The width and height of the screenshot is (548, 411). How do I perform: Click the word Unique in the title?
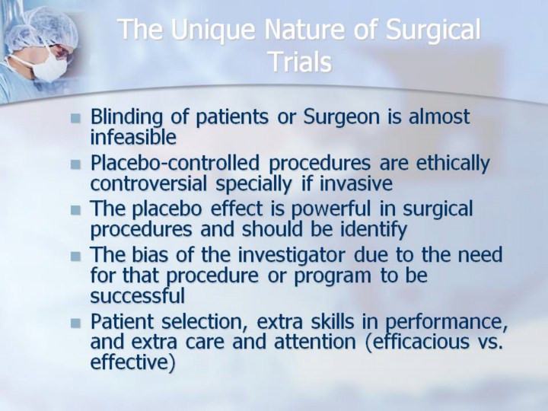click(212, 30)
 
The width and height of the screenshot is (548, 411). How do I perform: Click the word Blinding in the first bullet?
click(126, 117)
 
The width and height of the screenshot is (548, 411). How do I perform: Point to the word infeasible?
click(133, 137)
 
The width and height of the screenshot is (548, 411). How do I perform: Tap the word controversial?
click(148, 183)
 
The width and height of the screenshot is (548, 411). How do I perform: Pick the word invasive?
click(356, 183)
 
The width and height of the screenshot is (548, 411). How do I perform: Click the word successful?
click(137, 295)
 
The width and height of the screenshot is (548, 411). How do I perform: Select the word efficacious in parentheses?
click(417, 342)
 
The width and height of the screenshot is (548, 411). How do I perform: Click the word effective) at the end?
click(132, 362)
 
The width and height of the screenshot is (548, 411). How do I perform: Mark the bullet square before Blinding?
click(75, 118)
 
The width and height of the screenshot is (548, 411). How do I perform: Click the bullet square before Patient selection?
click(75, 323)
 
